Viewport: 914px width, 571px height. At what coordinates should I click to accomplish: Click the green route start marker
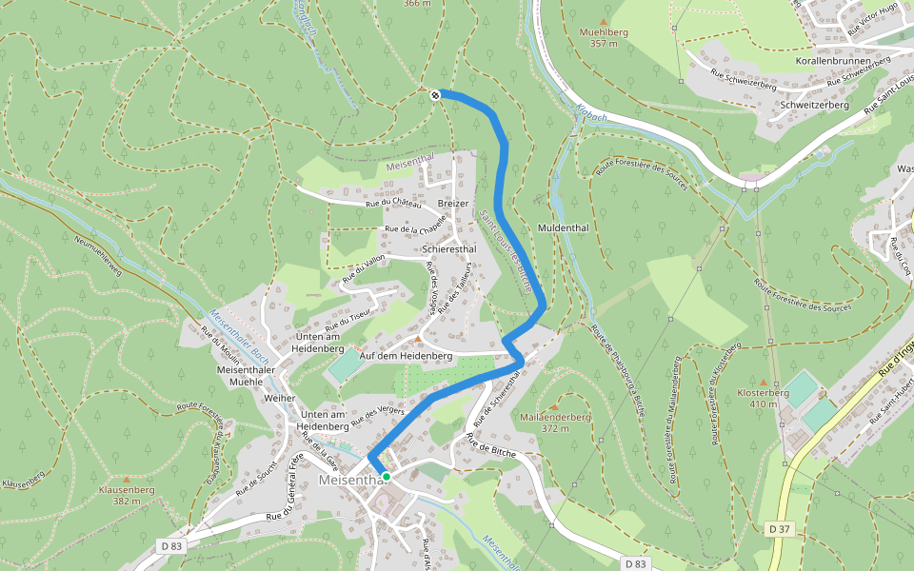[387, 476]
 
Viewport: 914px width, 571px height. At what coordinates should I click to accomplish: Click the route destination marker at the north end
[435, 94]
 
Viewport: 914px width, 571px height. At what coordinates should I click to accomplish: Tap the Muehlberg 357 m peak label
[604, 37]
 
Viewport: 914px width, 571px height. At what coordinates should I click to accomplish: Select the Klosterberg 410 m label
[764, 398]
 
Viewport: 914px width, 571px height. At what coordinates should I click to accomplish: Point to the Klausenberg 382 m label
[127, 495]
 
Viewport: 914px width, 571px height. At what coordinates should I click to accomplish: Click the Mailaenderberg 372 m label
[556, 423]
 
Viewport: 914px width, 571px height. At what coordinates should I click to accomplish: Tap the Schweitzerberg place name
[813, 105]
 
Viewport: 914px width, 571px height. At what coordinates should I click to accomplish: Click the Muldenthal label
[564, 228]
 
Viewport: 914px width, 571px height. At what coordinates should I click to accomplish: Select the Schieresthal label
[450, 249]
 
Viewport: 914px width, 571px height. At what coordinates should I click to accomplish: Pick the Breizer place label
[453, 204]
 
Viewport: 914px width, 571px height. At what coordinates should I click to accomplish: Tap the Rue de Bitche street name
[490, 446]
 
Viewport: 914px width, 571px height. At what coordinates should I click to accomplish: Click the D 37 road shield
[780, 528]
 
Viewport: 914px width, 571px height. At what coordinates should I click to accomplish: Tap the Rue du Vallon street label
[364, 269]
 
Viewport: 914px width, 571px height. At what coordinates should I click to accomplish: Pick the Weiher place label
[280, 398]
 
